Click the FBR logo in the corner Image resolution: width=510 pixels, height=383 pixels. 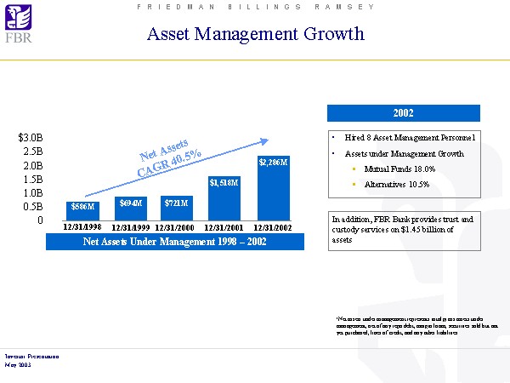16,26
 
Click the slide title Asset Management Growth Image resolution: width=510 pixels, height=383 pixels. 255,34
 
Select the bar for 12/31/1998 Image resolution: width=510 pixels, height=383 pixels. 83,210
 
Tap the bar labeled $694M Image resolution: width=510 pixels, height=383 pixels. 132,208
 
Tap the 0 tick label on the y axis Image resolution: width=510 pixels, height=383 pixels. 39,220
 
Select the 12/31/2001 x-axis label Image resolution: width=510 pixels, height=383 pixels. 225,228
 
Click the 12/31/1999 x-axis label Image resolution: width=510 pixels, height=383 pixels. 131,228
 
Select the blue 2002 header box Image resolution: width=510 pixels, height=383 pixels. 404,113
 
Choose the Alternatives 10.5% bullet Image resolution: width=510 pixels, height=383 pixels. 396,184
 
